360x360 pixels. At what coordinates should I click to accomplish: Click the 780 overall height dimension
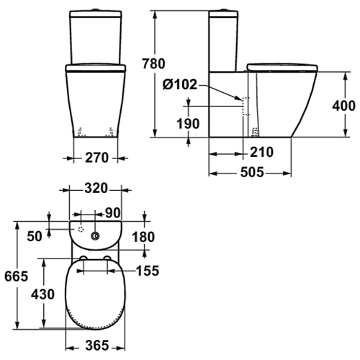click(x=153, y=63)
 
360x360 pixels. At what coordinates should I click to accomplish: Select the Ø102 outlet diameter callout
click(x=180, y=84)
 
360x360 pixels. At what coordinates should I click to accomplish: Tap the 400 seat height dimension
click(x=343, y=106)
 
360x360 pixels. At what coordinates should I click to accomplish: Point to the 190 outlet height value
click(x=188, y=124)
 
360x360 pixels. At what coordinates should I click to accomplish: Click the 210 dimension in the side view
click(x=261, y=152)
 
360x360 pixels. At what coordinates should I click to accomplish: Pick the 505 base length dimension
click(x=252, y=172)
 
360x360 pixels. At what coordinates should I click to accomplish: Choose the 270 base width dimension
click(x=96, y=158)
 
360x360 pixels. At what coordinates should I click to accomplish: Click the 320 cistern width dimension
click(x=96, y=189)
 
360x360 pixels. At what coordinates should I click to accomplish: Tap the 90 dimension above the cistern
click(x=113, y=212)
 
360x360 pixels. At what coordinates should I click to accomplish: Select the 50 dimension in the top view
click(x=35, y=236)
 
